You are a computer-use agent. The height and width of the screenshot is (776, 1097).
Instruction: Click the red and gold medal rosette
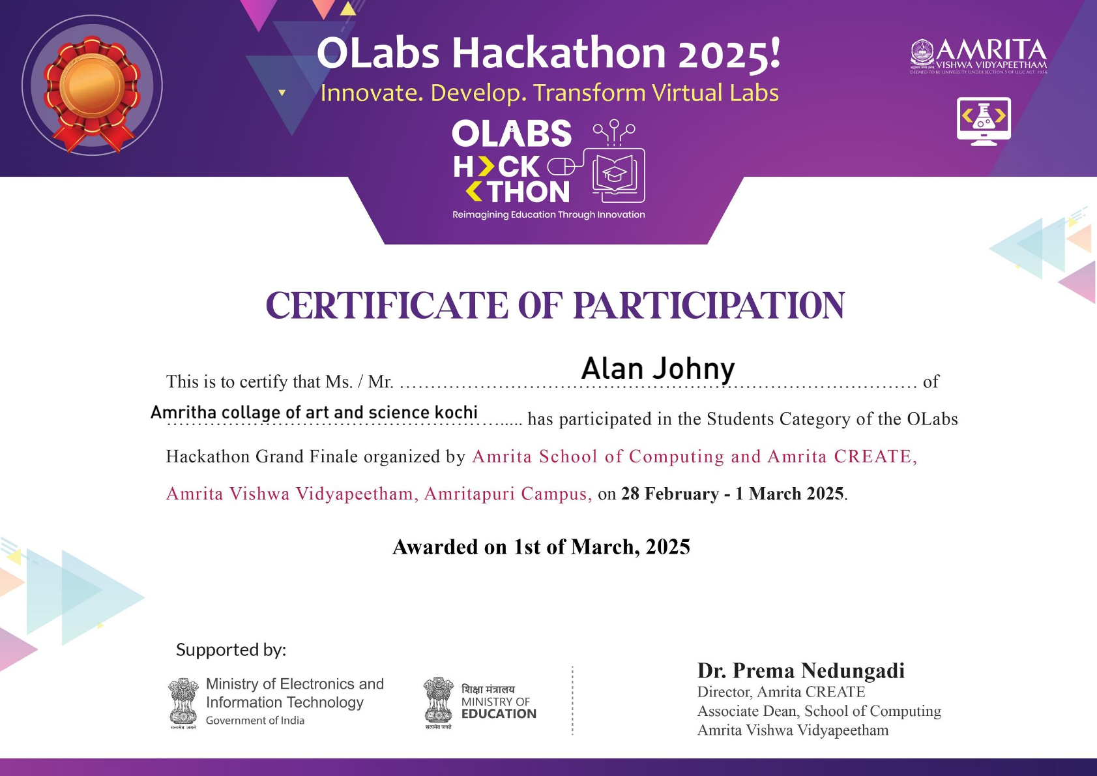tap(92, 87)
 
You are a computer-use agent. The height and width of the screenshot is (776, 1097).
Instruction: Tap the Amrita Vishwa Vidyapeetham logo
tap(978, 56)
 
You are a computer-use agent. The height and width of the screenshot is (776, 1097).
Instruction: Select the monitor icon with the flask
tap(984, 121)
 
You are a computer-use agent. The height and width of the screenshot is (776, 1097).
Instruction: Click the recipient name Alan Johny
tap(658, 368)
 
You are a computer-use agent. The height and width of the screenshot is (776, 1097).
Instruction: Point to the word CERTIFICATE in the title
tap(387, 306)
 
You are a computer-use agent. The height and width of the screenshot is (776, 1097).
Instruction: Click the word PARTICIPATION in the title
tap(709, 306)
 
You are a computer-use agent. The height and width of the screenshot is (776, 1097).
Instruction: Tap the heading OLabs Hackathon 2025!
tap(548, 53)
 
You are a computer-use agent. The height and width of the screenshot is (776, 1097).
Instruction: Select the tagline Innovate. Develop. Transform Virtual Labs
tap(549, 93)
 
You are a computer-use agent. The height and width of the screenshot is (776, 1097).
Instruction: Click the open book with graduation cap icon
tap(614, 174)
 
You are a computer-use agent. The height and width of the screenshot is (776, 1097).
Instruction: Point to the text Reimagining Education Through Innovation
tap(549, 215)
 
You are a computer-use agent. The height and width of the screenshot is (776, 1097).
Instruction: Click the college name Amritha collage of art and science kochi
tap(314, 412)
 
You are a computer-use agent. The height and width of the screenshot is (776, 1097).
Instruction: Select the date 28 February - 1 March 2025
tap(733, 494)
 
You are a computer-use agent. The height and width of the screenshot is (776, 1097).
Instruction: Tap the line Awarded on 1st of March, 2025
tap(541, 546)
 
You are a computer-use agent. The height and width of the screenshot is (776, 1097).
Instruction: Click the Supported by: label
tap(231, 649)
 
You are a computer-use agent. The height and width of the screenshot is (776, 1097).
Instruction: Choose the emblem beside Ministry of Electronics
tap(183, 703)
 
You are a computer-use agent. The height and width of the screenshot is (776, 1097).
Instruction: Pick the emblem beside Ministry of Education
tap(438, 702)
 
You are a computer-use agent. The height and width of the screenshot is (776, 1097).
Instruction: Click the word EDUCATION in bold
tap(499, 714)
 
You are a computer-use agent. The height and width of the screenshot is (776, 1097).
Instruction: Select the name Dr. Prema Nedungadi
tap(800, 670)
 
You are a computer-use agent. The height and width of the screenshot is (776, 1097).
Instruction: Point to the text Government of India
tap(255, 721)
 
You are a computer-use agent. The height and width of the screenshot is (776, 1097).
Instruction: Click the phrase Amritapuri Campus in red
tap(508, 494)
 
